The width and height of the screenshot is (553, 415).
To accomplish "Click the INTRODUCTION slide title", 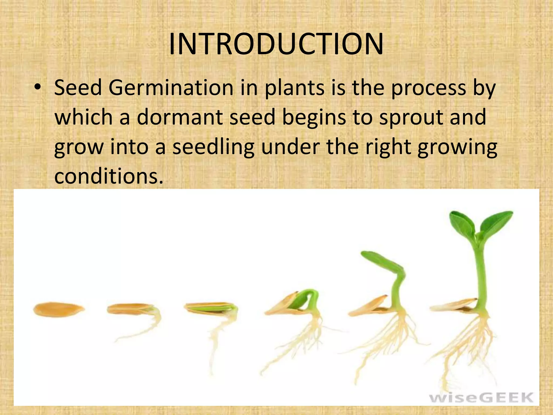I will [x=276, y=44].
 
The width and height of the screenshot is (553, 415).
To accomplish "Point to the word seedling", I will [x=213, y=147].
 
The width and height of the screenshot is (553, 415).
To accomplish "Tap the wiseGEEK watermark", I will [x=481, y=398].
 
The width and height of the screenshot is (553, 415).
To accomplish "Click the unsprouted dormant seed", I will [x=59, y=309].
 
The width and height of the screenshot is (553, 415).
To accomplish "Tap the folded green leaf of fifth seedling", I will [x=382, y=261].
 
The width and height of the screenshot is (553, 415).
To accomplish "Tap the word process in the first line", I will [x=429, y=88].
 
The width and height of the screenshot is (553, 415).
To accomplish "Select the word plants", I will [x=294, y=88].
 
